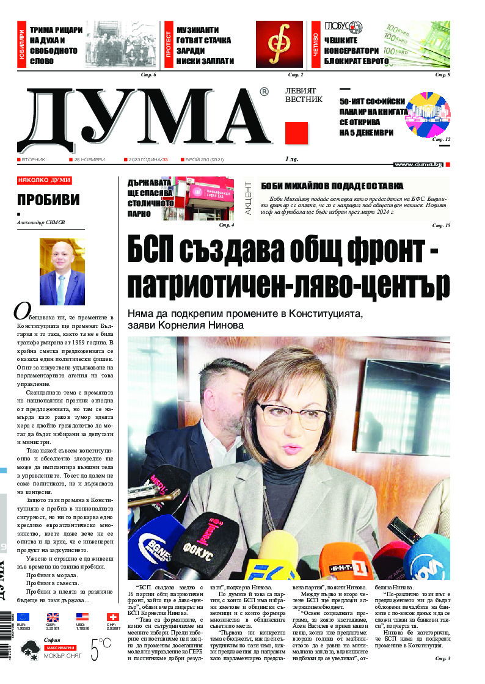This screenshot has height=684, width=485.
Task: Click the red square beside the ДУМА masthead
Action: point(296,133)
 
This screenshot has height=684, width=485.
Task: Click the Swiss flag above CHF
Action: point(112,617)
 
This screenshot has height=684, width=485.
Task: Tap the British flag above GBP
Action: point(53,617)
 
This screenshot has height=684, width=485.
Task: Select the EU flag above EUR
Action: point(23,617)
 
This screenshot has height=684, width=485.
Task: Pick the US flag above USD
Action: point(82,617)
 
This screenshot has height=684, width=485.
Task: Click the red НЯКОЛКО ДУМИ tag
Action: point(44,181)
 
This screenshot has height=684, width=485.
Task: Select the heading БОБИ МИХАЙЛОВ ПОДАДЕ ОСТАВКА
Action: point(332,186)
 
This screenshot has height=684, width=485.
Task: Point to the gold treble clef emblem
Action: point(279,44)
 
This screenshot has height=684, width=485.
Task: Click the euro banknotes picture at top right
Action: point(417,44)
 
